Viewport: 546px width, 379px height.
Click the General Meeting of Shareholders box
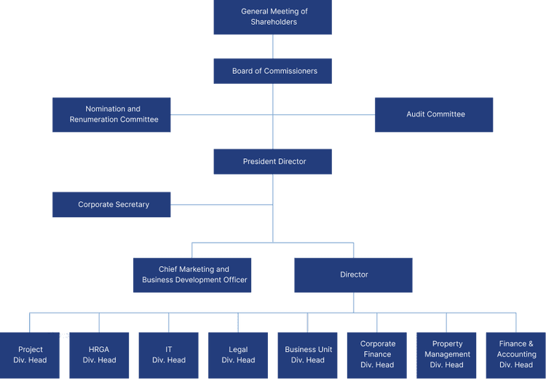273,17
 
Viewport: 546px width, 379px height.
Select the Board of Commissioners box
273,71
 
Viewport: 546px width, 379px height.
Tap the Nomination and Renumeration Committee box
111,114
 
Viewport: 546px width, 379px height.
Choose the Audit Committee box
434,114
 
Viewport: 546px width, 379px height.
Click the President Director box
273,161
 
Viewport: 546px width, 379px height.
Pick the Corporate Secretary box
111,205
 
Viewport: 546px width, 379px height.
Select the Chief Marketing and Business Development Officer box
192,275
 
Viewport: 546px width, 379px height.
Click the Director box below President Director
353,275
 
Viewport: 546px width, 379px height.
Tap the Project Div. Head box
30,355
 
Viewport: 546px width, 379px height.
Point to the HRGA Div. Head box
99,355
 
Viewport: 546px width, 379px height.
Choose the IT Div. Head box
168,355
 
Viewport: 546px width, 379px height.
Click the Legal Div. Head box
238,355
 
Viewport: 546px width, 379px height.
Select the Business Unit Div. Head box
307,355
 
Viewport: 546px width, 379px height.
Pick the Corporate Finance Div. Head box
377,355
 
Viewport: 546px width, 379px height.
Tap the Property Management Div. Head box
446,355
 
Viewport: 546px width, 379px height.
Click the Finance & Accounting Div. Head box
515,355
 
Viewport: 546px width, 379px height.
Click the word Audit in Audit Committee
416,114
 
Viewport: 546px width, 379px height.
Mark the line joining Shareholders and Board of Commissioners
273,47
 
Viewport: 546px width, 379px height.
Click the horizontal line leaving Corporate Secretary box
218,205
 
